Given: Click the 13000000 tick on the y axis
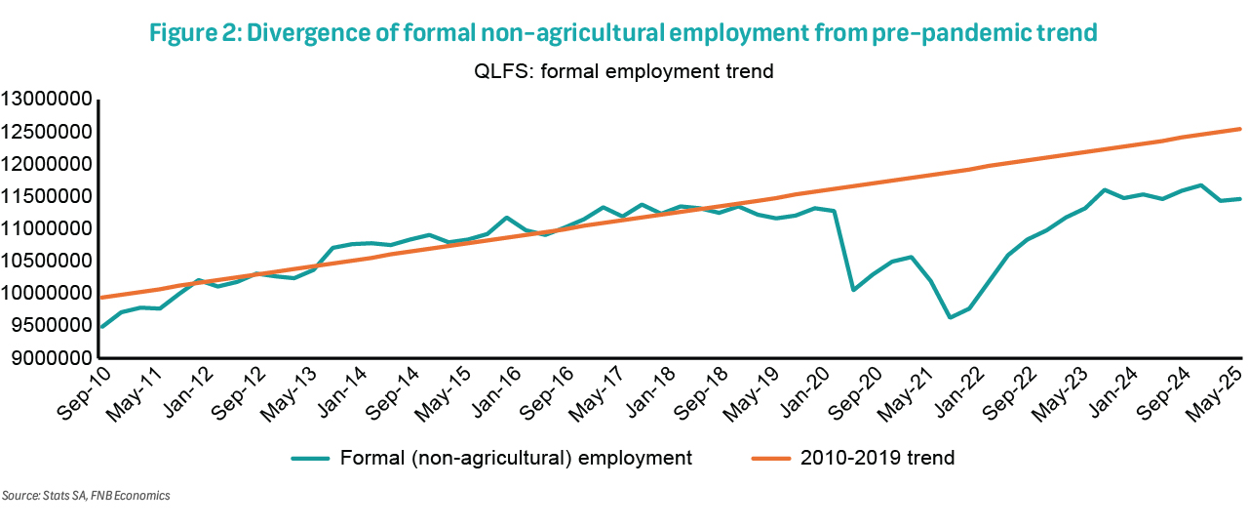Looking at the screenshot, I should click(x=47, y=100).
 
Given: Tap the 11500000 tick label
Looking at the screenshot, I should click(x=47, y=196).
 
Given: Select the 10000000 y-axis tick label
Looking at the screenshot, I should click(x=47, y=294).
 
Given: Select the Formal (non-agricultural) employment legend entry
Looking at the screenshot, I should click(x=518, y=458).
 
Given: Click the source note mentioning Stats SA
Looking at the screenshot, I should click(x=86, y=496).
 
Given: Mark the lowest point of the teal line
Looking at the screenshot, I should click(x=949, y=317).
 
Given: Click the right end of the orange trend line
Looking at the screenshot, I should click(x=1239, y=129).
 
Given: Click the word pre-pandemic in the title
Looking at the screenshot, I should click(x=942, y=33).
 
